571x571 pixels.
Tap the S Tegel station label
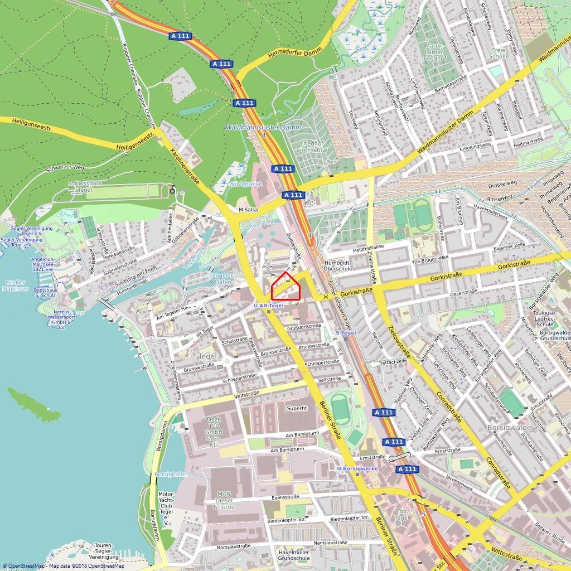click(x=346, y=333)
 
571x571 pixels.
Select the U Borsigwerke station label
click(x=357, y=468)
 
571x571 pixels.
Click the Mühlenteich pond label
click(x=245, y=183)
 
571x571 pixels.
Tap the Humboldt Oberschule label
click(x=340, y=265)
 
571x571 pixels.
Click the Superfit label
click(x=297, y=408)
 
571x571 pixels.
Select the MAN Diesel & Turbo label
click(x=225, y=500)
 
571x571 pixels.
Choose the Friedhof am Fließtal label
click(x=310, y=146)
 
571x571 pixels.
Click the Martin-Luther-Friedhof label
click(x=435, y=51)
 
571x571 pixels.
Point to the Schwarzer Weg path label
click(x=65, y=167)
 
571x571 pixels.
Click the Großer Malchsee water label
click(x=14, y=285)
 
